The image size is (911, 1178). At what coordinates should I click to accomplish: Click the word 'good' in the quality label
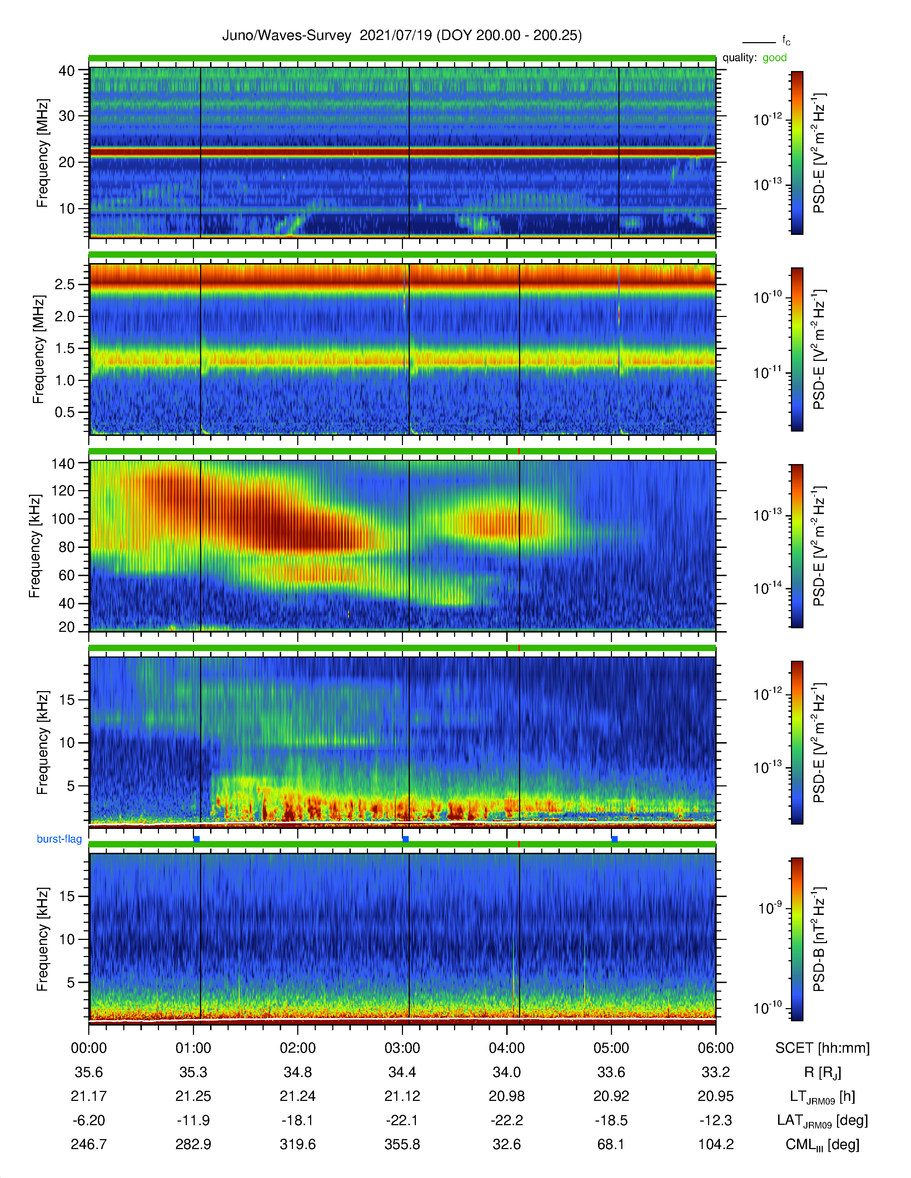(775, 58)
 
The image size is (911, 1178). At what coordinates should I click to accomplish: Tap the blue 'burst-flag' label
(59, 839)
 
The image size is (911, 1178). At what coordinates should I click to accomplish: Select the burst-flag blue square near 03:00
(405, 839)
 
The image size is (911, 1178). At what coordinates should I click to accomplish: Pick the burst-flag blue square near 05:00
(614, 839)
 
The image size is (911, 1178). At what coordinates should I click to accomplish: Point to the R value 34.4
(402, 1072)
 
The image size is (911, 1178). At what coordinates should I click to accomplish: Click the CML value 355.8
(402, 1144)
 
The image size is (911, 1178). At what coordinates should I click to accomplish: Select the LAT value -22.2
(507, 1120)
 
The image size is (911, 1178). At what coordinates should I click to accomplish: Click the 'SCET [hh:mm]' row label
(822, 1048)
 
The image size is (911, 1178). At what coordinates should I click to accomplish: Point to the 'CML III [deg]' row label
(822, 1144)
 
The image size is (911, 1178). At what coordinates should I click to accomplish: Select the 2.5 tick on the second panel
(65, 284)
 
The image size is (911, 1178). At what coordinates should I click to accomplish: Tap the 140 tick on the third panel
(63, 463)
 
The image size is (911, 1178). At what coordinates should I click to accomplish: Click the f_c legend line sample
(759, 42)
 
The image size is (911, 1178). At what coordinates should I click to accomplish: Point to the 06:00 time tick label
(716, 1048)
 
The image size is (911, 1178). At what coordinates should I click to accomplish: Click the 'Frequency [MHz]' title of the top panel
(43, 153)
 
